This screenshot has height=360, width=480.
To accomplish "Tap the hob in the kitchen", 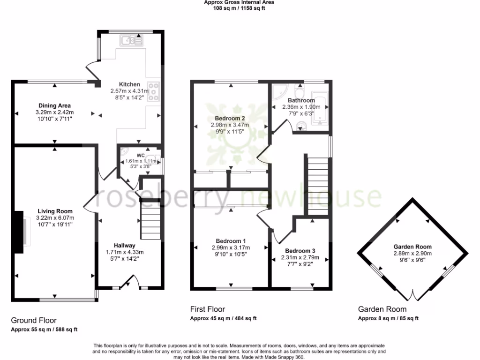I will coord(154,92).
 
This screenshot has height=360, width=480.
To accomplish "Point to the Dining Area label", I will coord(54,105).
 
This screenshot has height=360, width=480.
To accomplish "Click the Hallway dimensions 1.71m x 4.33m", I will coord(125,252).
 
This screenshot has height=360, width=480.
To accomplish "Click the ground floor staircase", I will coord(150,219).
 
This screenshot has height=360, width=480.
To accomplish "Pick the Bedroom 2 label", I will coord(230,118).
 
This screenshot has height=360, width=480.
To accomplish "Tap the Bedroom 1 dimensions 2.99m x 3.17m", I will coord(230,248).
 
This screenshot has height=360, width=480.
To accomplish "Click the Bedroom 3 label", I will coord(300,251).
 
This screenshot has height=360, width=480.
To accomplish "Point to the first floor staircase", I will coord(318,186).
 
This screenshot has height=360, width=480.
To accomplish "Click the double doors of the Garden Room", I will coord(413,295).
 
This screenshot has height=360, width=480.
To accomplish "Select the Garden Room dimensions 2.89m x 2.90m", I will coord(412,253).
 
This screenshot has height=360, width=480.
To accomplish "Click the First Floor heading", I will coord(207,309).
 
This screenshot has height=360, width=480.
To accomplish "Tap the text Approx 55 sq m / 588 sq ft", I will coord(44,330).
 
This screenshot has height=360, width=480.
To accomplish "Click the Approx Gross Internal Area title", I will coord(239,2).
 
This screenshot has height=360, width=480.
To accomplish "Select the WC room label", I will coord(141,155).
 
